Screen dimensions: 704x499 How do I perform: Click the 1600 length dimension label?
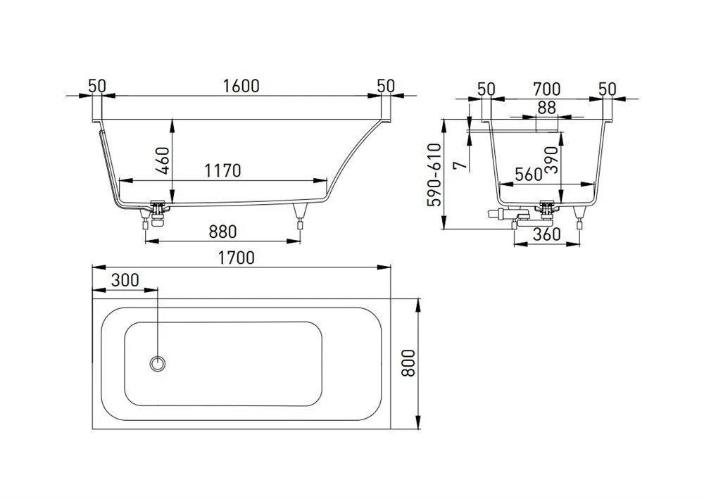(241, 86)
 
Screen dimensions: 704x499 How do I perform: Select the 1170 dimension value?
(222, 170)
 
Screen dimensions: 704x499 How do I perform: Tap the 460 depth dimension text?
(162, 161)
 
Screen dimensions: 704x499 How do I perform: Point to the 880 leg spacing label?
(222, 232)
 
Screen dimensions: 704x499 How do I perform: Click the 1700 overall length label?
(236, 258)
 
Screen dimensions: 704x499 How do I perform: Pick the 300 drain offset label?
(125, 280)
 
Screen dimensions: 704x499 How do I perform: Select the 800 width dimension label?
(408, 362)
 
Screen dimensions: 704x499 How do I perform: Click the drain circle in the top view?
(158, 362)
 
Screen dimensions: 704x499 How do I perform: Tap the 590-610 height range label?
(434, 175)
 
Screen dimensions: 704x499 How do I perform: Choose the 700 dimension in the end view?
(547, 89)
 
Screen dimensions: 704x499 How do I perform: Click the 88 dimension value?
(547, 108)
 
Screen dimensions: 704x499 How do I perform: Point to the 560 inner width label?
(529, 174)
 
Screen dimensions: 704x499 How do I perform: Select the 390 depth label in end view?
(551, 160)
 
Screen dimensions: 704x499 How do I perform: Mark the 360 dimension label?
(547, 234)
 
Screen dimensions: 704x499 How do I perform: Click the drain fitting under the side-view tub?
(157, 213)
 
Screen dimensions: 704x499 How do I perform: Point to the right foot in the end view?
(580, 217)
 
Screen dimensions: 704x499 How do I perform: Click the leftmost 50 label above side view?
(97, 86)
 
